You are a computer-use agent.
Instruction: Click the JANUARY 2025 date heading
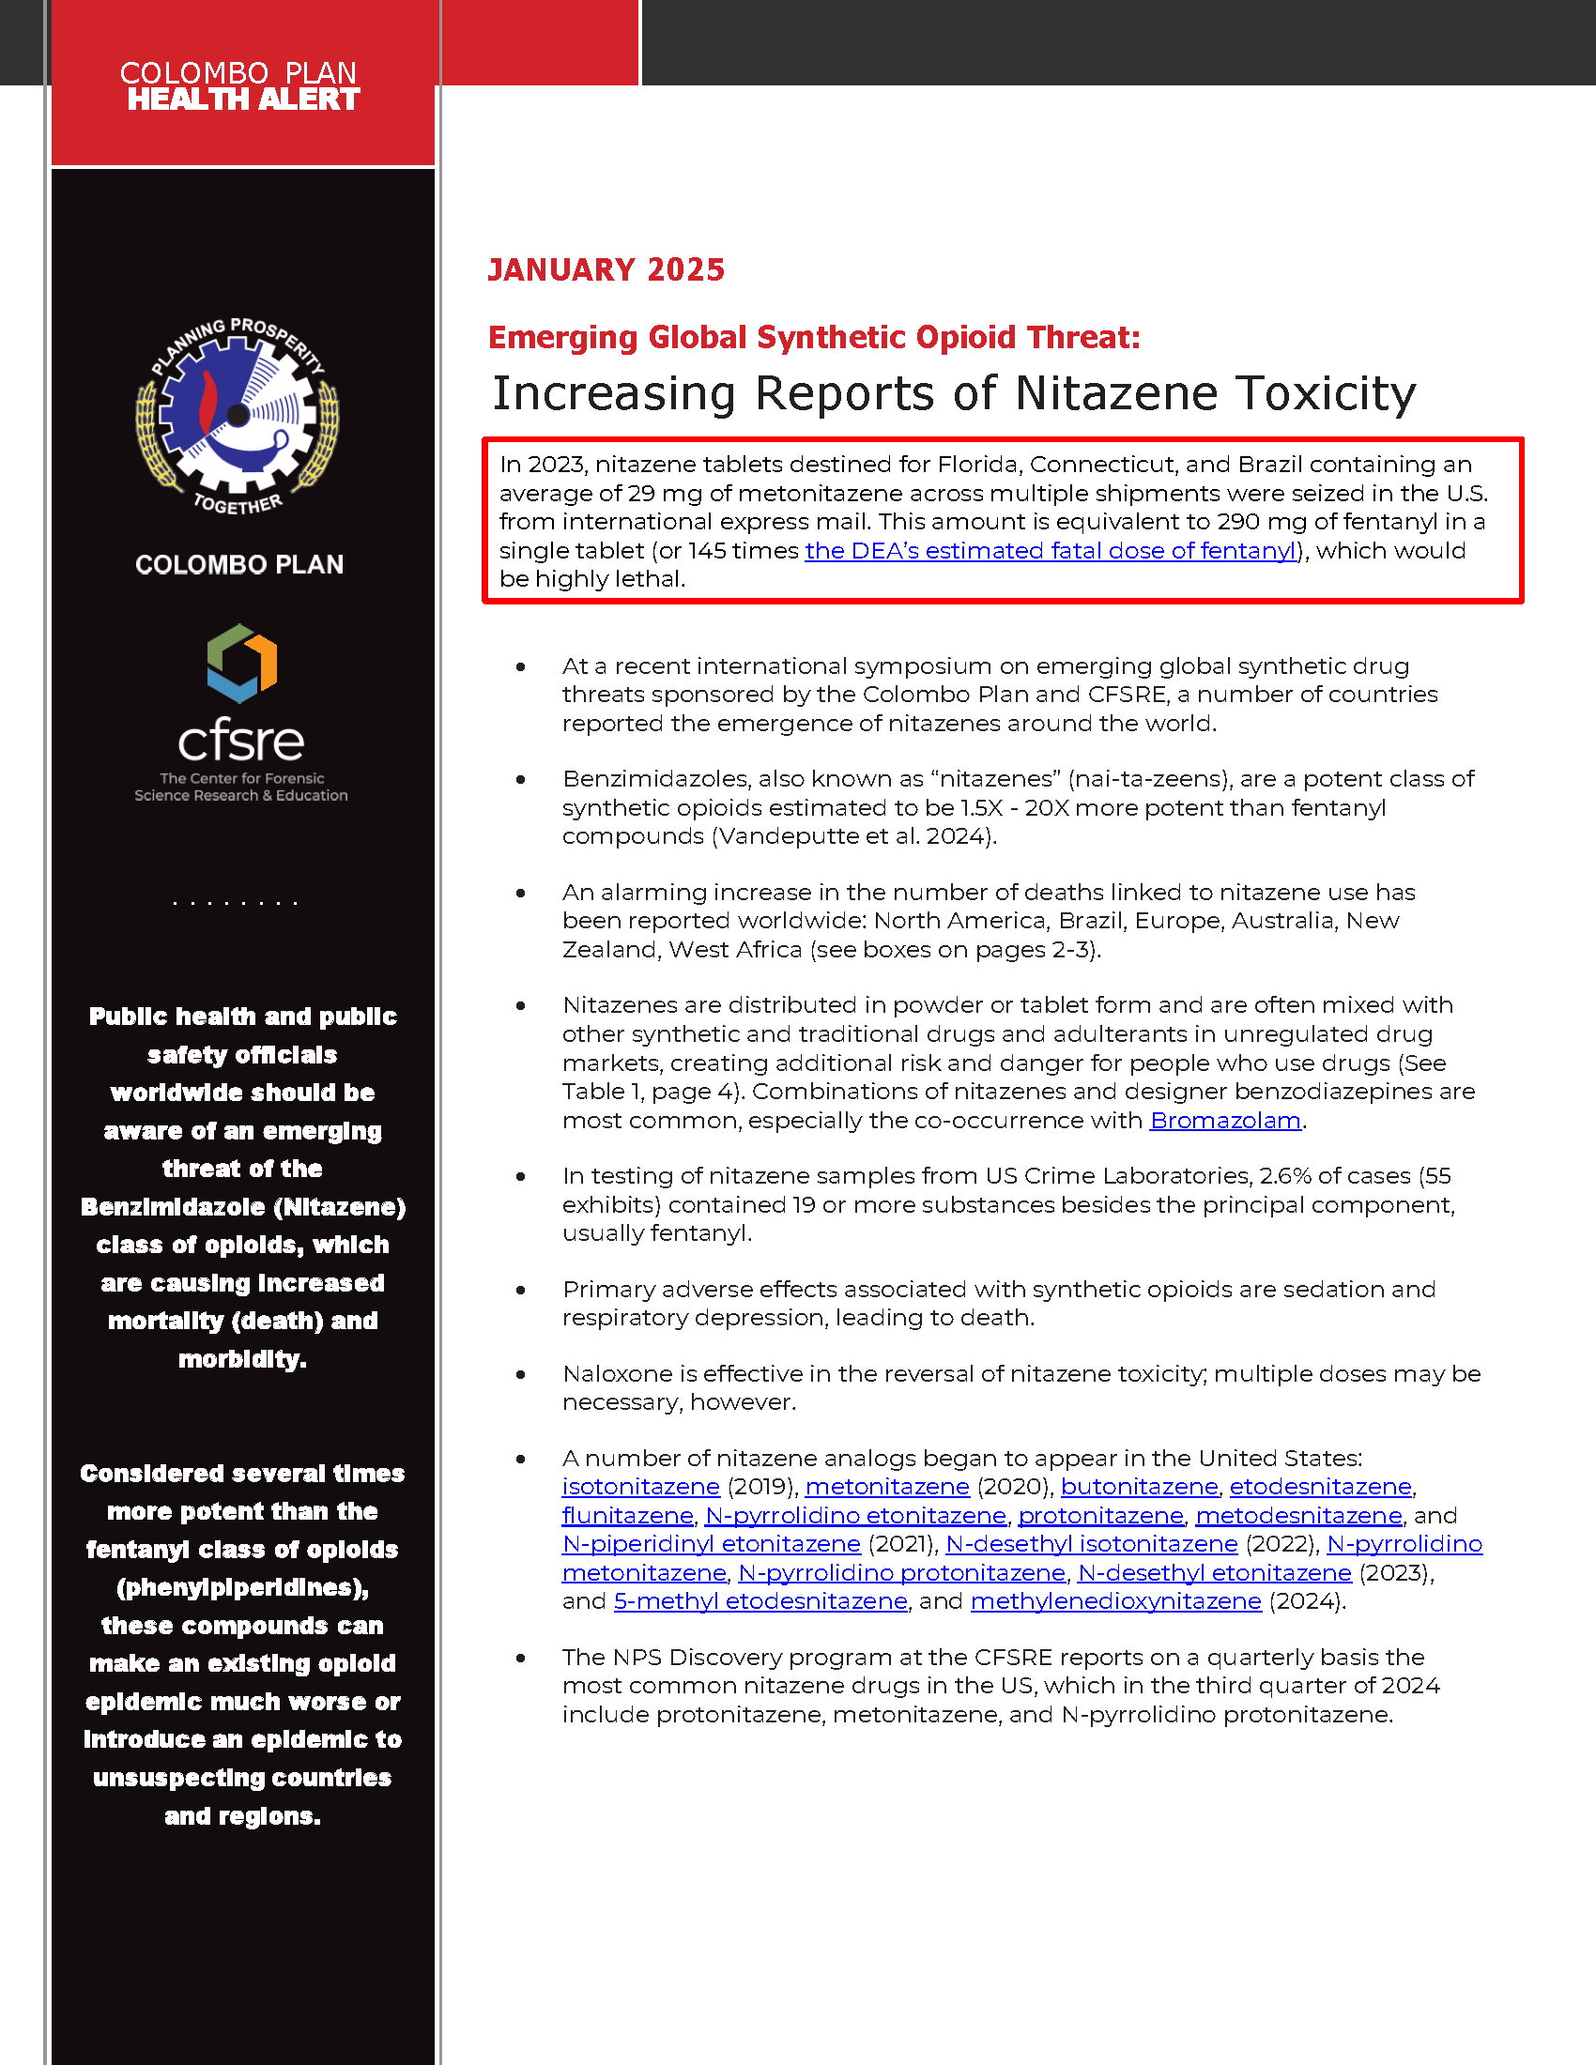[606, 270]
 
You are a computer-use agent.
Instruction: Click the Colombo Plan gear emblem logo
[238, 415]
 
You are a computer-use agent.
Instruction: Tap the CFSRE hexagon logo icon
[241, 662]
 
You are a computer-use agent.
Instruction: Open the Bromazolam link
[1224, 1121]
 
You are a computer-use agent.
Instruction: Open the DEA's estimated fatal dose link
[1050, 550]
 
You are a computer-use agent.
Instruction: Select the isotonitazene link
[640, 1487]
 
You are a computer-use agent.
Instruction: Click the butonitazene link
[1139, 1487]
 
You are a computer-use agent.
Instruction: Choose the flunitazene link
[627, 1516]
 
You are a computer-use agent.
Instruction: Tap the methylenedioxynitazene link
[1115, 1600]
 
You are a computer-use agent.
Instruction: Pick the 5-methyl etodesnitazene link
[760, 1600]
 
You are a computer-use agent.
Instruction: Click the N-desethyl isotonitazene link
[1091, 1544]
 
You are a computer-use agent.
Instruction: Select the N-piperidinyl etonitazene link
[711, 1544]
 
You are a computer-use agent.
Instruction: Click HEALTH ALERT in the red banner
[243, 99]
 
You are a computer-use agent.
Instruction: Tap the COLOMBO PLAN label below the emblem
[239, 564]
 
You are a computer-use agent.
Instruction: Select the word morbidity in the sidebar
[242, 1360]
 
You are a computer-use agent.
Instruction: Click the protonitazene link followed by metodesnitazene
[1100, 1516]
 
